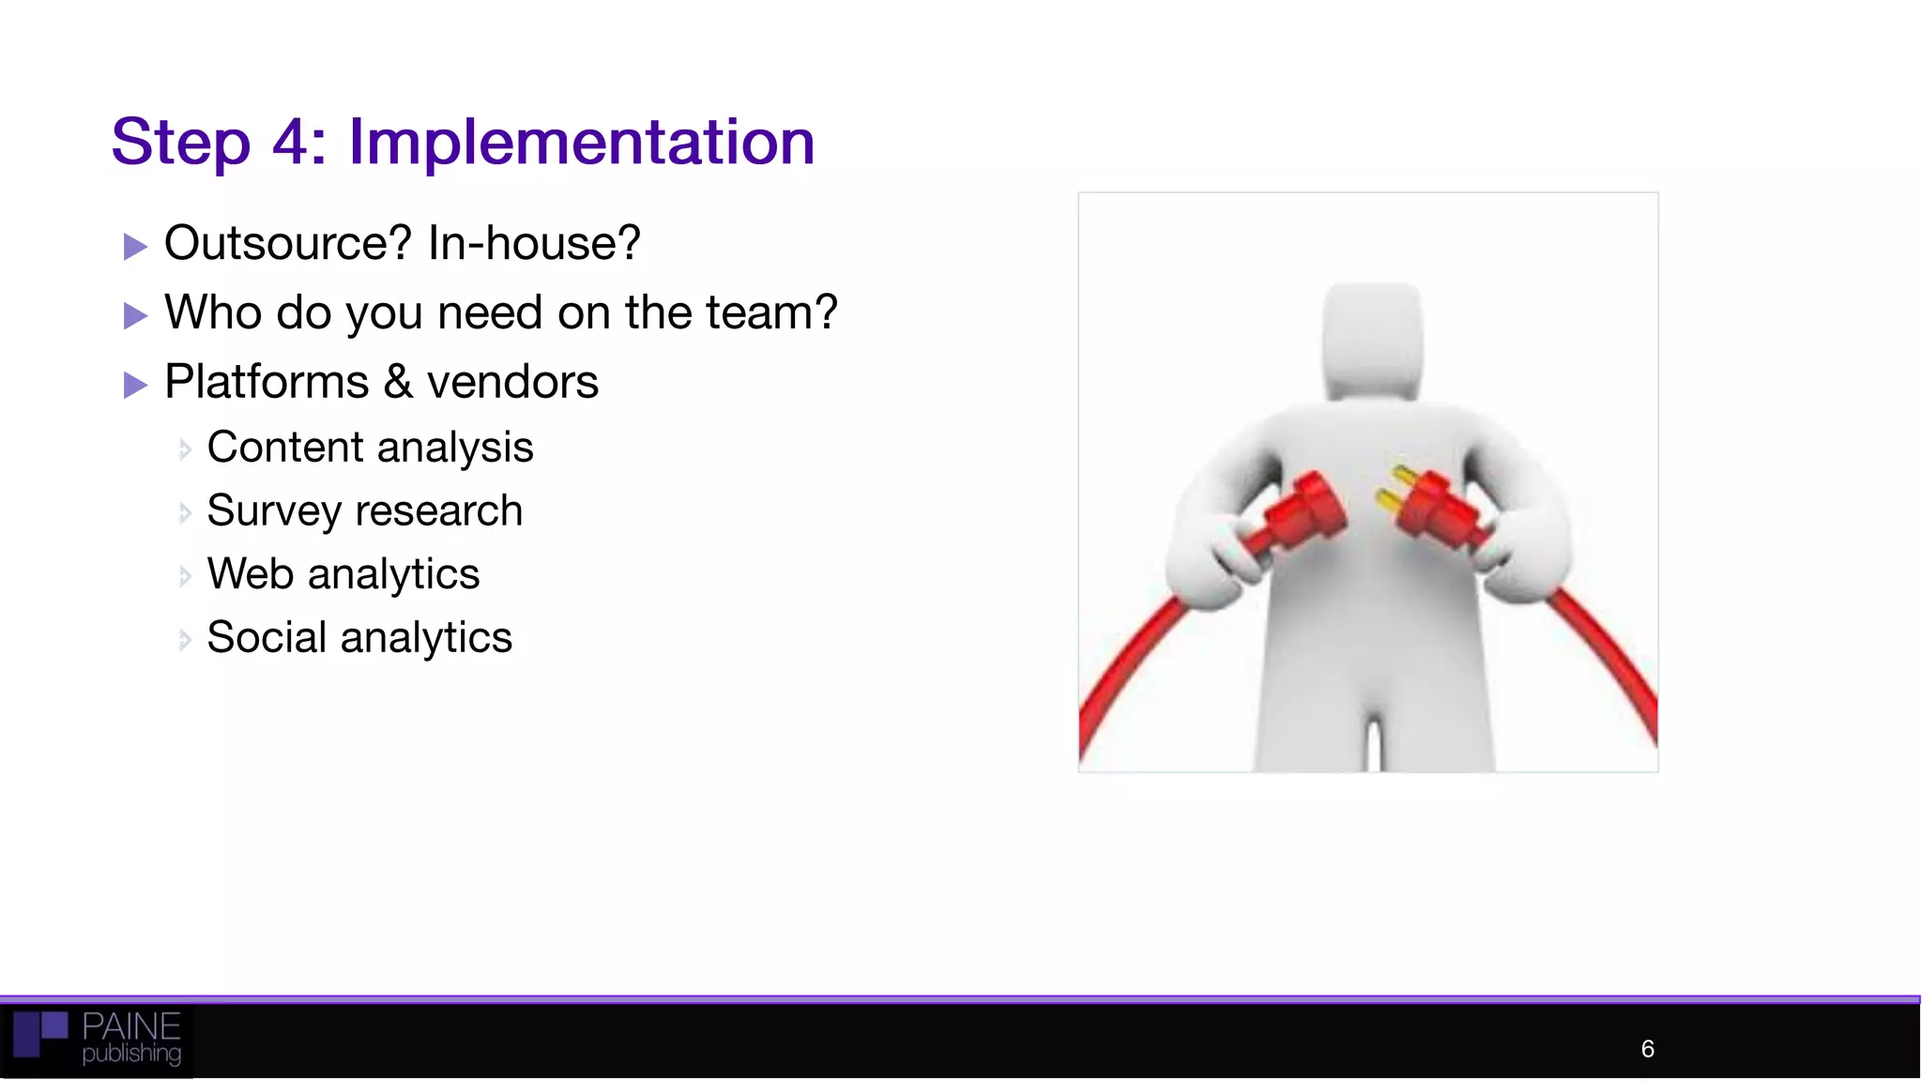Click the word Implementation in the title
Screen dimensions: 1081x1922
click(581, 143)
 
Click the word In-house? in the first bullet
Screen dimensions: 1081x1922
click(534, 243)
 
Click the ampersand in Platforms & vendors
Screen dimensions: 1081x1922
click(398, 382)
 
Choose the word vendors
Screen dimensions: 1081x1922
click(512, 382)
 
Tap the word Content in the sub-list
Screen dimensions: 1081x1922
click(283, 447)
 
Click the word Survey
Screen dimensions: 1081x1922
click(274, 511)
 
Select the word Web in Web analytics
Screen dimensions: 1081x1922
click(251, 574)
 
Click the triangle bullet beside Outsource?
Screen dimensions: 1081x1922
click(135, 247)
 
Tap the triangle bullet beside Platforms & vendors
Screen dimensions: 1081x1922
click(135, 385)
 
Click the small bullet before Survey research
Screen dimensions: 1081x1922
click(185, 512)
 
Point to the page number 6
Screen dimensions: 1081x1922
click(1647, 1048)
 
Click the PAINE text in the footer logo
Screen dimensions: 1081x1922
click(131, 1026)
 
